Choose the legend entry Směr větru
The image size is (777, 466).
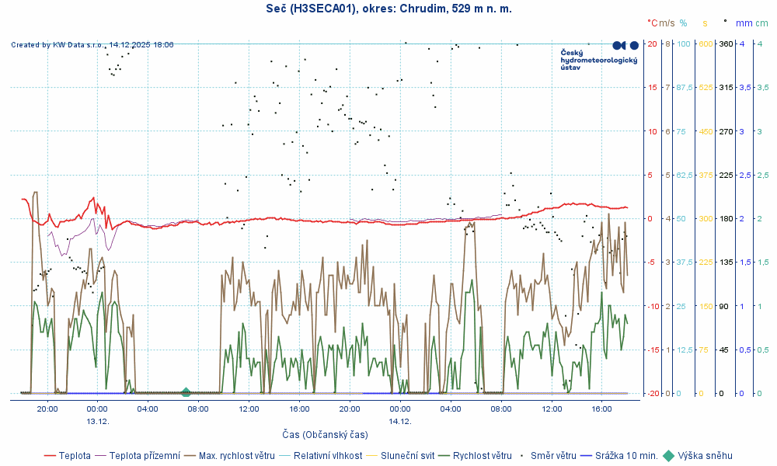tap(552, 456)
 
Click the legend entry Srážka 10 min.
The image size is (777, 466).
tap(626, 456)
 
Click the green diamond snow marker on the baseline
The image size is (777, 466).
tap(186, 393)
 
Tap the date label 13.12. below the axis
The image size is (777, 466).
tap(97, 421)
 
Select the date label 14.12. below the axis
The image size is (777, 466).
tap(400, 421)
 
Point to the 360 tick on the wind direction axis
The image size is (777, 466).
tap(726, 43)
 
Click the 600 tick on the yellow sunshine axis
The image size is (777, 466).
tap(706, 43)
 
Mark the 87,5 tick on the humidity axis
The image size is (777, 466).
tap(685, 88)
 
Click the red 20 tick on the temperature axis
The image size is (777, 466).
tap(653, 43)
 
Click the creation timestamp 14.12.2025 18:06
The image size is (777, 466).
tap(141, 45)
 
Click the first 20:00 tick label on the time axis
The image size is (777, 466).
tap(47, 409)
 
